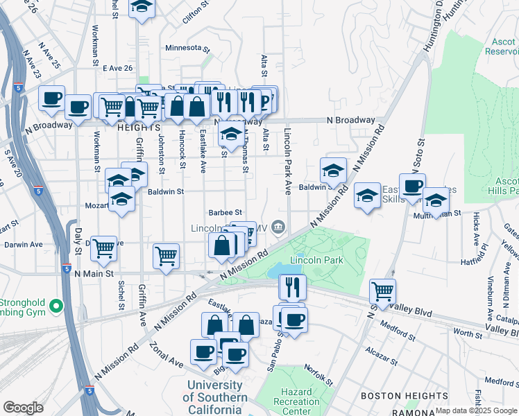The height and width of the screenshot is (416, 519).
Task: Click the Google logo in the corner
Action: coord(23,408)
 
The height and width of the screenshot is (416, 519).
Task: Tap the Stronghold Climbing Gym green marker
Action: coord(59,306)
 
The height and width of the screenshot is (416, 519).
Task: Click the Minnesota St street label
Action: coord(187,49)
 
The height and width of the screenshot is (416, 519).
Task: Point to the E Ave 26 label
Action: coord(117,68)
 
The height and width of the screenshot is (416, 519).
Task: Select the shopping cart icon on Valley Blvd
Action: coord(383,290)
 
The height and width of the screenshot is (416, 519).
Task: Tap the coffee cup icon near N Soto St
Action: coord(412,185)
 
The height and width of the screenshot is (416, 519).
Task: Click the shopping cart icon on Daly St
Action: coord(104,248)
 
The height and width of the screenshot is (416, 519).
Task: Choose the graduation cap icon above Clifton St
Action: coord(142,8)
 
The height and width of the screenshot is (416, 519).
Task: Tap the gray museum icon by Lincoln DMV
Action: coord(278,227)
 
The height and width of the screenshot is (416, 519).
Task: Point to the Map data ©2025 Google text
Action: coord(477,410)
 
